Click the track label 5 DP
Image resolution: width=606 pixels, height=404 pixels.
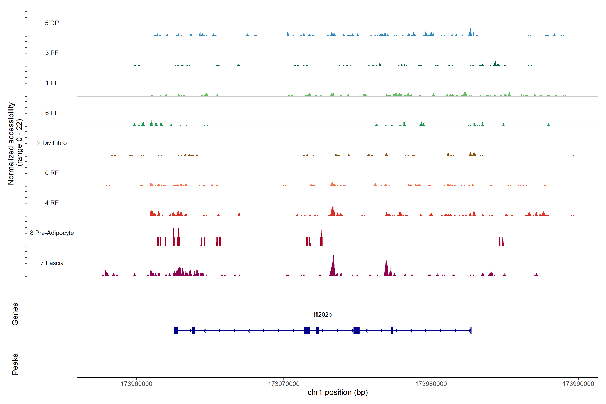pyautogui.click(x=52, y=23)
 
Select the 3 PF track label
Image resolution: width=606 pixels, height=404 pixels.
pyautogui.click(x=52, y=53)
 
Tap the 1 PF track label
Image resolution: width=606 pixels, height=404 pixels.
pyautogui.click(x=52, y=83)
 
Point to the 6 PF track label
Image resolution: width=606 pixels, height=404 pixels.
pyautogui.click(x=52, y=113)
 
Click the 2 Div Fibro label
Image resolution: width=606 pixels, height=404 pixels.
pyautogui.click(x=52, y=143)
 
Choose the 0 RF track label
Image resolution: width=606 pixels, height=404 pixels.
pyautogui.click(x=52, y=173)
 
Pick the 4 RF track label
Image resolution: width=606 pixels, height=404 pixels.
pyautogui.click(x=52, y=203)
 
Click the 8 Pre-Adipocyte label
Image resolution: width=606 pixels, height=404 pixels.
pyautogui.click(x=52, y=233)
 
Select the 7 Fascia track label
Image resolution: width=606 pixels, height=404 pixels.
pyautogui.click(x=52, y=263)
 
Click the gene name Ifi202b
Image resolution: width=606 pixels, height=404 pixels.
pyautogui.click(x=323, y=315)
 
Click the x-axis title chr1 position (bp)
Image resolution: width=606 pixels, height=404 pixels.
pyautogui.click(x=338, y=392)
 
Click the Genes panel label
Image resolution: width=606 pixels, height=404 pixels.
pyautogui.click(x=15, y=314)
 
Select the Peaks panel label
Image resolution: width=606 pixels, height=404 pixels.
pyautogui.click(x=15, y=364)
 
